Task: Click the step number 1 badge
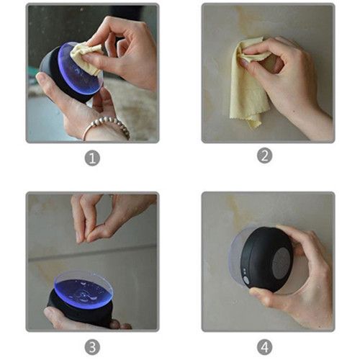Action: pos(92,158)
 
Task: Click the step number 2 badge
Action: pos(264,156)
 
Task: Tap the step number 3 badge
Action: pos(92,347)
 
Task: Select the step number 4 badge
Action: pos(264,347)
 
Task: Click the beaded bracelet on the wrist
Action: pos(108,126)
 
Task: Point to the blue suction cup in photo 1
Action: pos(81,68)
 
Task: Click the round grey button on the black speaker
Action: pos(246,280)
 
